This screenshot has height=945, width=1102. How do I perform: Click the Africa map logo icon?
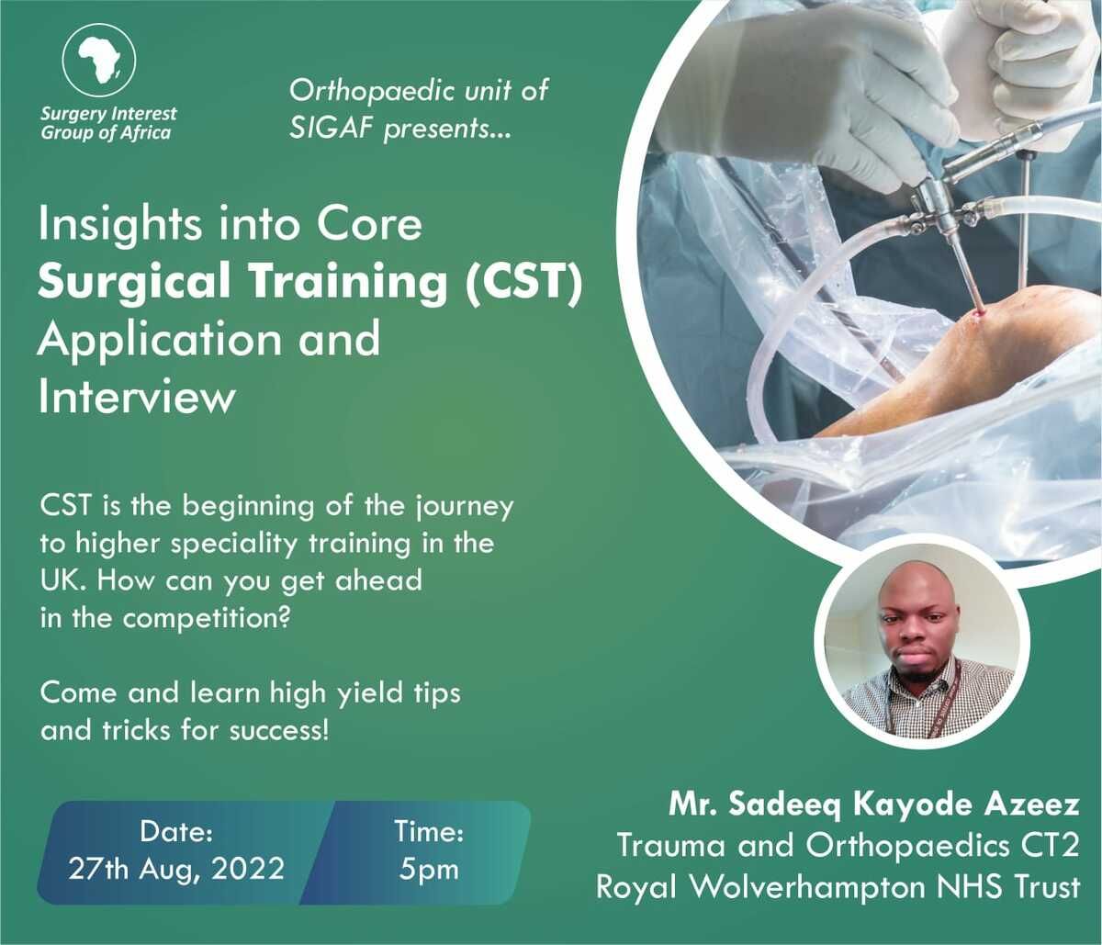click(99, 61)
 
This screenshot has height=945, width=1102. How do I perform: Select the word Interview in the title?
click(137, 398)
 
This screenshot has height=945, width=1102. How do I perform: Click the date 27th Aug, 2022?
click(176, 868)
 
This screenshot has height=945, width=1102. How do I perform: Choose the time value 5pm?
click(429, 868)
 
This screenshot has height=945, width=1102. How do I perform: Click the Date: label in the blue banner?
click(176, 832)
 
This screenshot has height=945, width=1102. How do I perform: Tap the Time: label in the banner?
click(429, 832)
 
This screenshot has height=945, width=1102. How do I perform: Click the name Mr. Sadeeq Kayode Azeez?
click(873, 805)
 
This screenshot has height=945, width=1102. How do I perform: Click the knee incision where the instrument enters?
click(980, 311)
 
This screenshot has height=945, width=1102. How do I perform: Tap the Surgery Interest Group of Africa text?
click(108, 123)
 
